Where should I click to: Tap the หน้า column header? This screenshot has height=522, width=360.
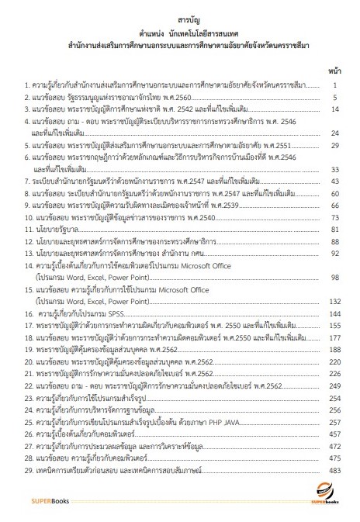tap(334, 69)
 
